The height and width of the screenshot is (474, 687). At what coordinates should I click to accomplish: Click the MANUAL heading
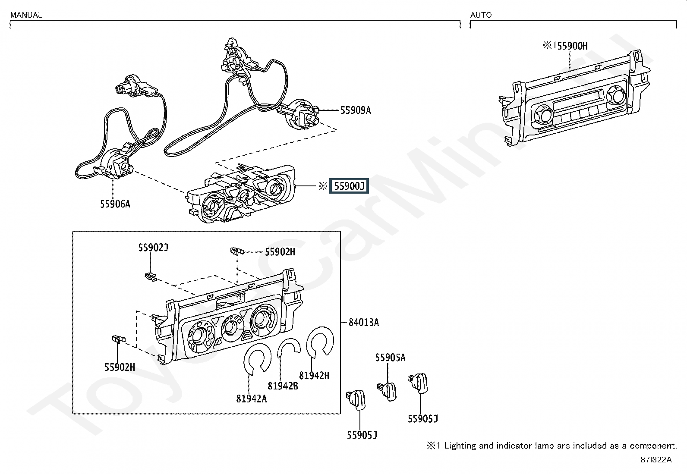(26, 15)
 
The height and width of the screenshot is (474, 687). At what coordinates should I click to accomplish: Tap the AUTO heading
(481, 15)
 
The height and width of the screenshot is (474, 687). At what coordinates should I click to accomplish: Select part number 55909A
(356, 110)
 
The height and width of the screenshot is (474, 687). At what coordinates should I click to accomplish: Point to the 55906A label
(115, 204)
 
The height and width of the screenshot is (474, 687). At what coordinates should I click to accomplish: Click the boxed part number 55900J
(349, 186)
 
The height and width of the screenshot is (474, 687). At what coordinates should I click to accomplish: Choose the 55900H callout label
(572, 46)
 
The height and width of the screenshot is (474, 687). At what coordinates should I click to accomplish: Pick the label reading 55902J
(153, 248)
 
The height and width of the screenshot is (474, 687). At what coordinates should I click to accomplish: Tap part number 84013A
(364, 322)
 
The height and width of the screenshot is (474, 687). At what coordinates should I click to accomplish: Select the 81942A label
(252, 398)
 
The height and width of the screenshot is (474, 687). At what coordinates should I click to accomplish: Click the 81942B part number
(283, 386)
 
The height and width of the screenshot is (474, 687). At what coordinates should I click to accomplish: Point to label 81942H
(314, 375)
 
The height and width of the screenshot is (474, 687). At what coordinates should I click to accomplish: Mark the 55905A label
(391, 357)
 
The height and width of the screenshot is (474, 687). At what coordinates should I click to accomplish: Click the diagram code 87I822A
(656, 459)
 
